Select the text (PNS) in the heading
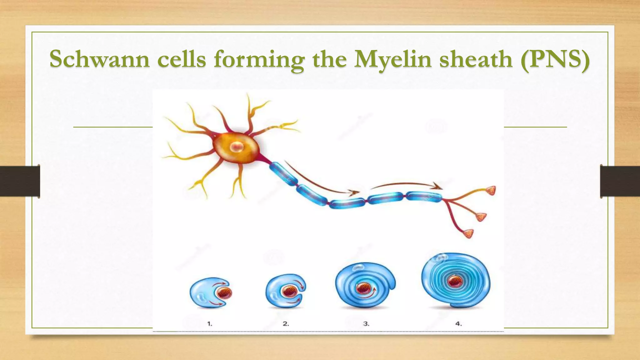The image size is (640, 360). (x=555, y=59)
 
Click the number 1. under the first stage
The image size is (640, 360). (x=210, y=324)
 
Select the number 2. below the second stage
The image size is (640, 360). (x=286, y=324)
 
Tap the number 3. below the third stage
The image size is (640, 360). (x=366, y=324)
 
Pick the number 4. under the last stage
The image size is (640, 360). (x=458, y=324)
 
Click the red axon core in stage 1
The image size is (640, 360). (x=224, y=293)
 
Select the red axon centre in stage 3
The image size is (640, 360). (x=363, y=288)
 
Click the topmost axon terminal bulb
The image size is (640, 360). (x=491, y=190)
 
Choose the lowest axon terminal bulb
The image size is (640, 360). (x=468, y=233)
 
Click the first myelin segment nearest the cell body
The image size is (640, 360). (x=283, y=173)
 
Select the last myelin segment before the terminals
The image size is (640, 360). (x=424, y=197)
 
